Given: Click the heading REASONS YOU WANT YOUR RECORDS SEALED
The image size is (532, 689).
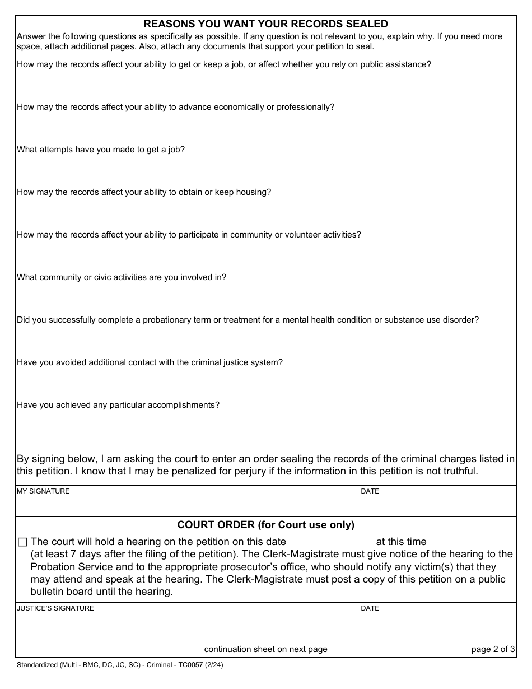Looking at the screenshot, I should (266, 24).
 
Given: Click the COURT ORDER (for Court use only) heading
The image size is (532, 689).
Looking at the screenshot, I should (266, 525).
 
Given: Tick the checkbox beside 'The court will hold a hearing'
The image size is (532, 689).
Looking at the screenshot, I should (22, 542).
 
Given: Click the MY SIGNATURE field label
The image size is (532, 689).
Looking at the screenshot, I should (44, 491).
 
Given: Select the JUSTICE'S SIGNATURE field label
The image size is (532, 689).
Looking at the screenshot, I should (55, 608).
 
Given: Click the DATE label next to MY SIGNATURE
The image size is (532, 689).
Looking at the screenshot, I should (370, 491).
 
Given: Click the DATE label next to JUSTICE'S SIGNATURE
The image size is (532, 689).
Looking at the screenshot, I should (370, 608).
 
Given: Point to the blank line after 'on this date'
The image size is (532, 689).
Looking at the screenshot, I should (330, 543).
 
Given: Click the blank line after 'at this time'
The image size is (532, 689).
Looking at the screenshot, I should (470, 543).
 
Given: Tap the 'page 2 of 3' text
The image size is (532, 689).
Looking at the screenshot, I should (493, 649).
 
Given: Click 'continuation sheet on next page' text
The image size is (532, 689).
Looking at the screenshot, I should (266, 649).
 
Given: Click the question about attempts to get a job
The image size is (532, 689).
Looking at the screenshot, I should (101, 150).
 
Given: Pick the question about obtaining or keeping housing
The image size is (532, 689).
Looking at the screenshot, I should (144, 192).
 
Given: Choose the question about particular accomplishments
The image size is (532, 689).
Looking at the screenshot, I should (118, 405).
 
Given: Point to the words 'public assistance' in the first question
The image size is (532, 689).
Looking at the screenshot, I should (397, 64).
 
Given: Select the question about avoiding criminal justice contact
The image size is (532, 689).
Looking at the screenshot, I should (150, 362).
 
